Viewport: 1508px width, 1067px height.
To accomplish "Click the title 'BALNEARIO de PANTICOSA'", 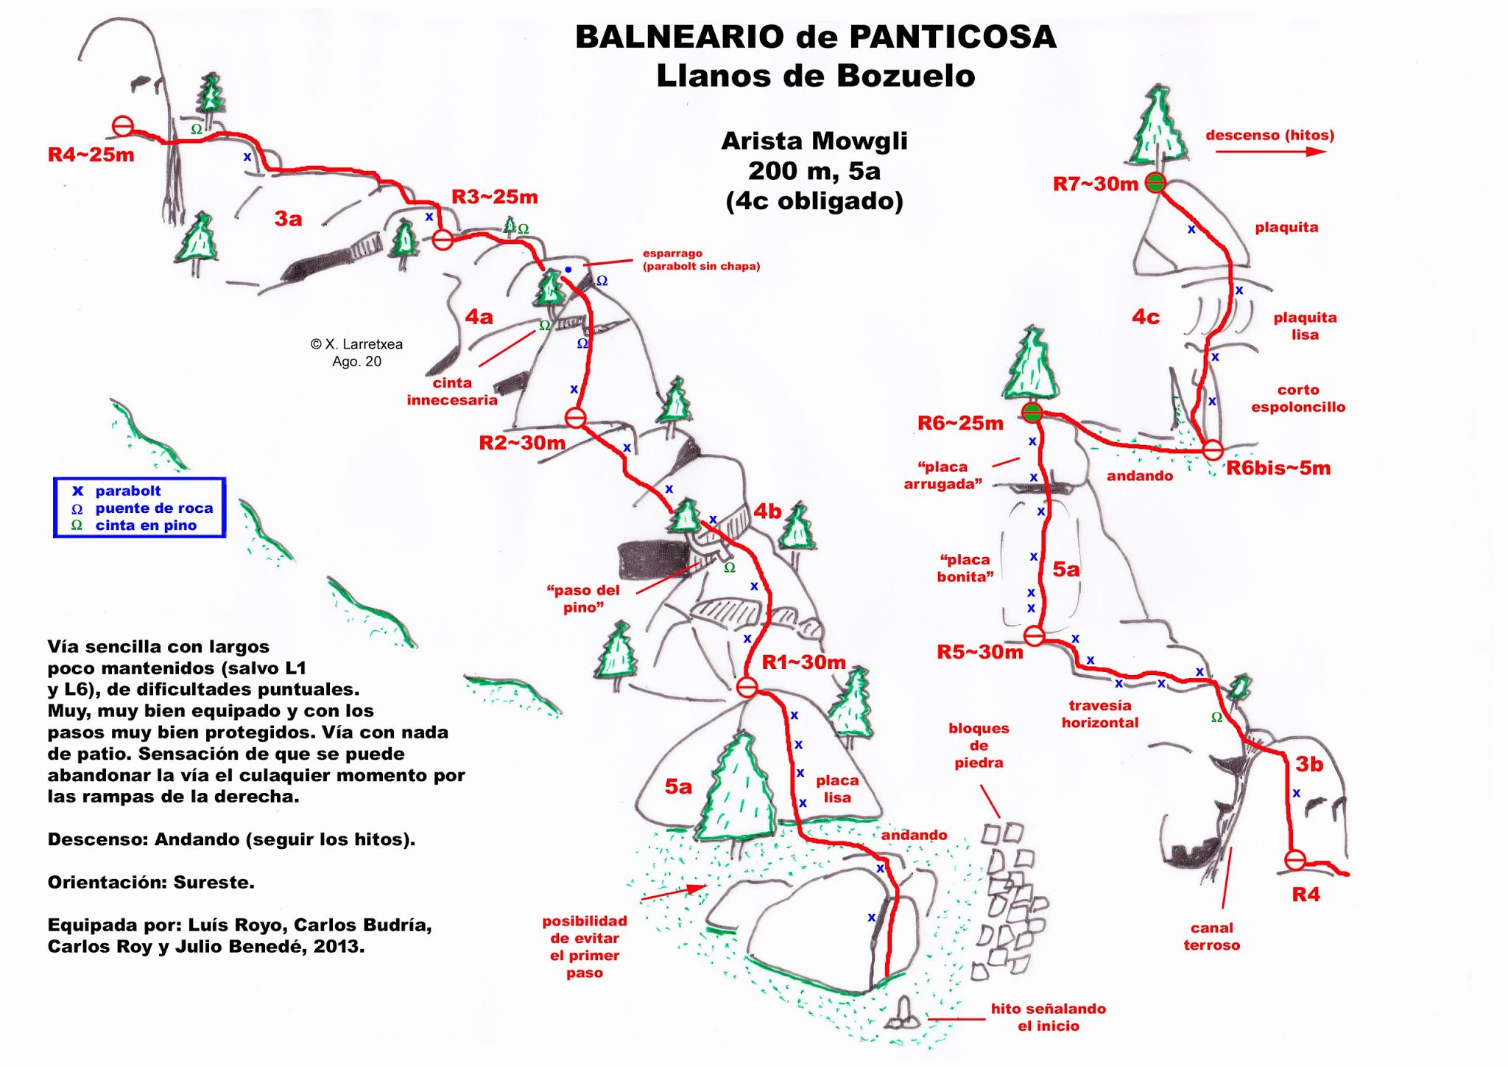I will coord(815,37).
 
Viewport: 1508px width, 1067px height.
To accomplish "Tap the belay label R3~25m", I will coord(494,197).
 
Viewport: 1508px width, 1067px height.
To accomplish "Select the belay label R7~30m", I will coord(1095,184).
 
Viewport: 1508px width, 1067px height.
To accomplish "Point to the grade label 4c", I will coord(1145,317).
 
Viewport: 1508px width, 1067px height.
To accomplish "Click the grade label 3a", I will coord(288,219).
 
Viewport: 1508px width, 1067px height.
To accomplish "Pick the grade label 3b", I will coord(1309,764).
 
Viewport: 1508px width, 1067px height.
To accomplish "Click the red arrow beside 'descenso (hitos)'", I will coord(1269,152).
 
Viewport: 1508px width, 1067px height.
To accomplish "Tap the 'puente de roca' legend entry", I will coord(153,508).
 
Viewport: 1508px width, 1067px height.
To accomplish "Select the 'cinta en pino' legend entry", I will coord(146,525).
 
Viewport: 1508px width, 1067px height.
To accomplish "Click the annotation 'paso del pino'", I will coord(582,598).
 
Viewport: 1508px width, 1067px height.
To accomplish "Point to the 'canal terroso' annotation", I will coord(1211,936).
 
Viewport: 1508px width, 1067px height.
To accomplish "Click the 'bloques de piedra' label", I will coord(979,745).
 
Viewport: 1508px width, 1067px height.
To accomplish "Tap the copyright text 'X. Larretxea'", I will coord(356,344).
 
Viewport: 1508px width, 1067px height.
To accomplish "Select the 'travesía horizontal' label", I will coord(1099,714).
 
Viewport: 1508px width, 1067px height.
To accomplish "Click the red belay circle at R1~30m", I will coord(747,687).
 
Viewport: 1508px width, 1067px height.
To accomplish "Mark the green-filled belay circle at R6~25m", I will coord(1032,413).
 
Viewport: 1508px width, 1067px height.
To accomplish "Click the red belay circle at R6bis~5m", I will coord(1213,449).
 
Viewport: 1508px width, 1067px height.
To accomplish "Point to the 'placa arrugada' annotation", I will coord(942,475).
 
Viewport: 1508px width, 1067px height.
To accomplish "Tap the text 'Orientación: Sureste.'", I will coord(151,882).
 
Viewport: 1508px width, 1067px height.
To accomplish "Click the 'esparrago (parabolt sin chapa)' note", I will coord(700,259).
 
